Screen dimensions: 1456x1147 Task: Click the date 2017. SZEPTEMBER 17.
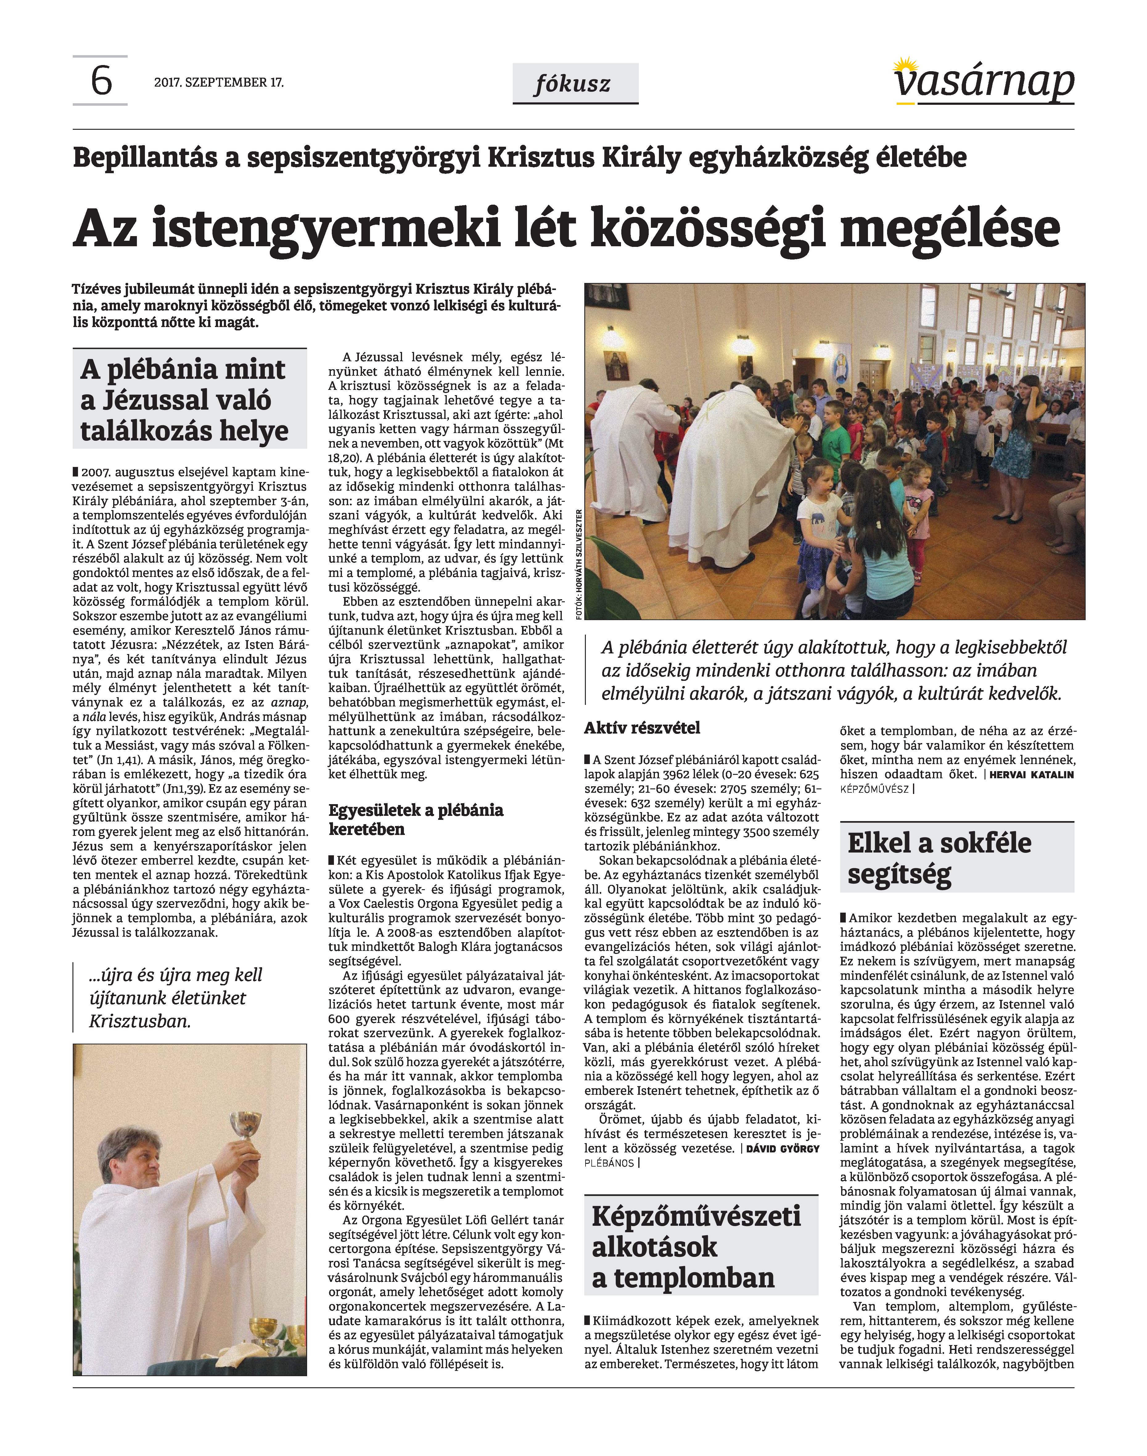click(219, 83)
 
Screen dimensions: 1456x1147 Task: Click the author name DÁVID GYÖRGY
click(782, 1148)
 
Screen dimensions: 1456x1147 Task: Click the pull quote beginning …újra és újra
click(176, 998)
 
